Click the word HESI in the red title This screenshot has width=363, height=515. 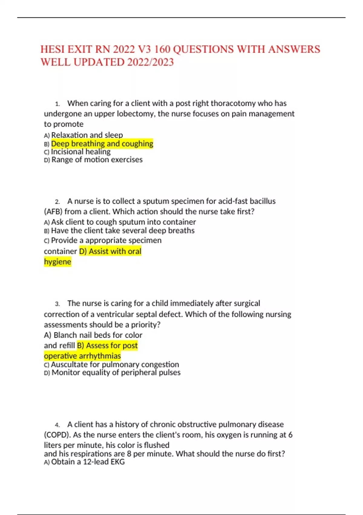point(53,49)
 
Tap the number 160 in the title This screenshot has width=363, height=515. point(161,49)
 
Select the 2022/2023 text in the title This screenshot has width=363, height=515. point(150,62)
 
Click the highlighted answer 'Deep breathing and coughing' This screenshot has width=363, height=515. point(102,144)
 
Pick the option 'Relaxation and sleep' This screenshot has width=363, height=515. point(87,135)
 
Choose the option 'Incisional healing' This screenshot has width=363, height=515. point(80,152)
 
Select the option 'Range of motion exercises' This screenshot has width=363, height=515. point(97,160)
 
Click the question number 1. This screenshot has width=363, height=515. point(57,104)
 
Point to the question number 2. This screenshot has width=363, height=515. point(57,202)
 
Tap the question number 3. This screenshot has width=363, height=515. point(57,304)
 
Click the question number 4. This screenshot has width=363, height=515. point(57,425)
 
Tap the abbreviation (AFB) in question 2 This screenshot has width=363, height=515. point(53,211)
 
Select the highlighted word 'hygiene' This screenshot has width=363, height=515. point(57,262)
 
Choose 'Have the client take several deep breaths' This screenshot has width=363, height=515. point(123,231)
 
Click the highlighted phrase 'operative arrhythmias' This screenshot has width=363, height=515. point(82,356)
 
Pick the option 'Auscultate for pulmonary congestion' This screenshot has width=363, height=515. point(115,364)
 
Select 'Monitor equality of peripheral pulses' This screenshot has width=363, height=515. point(116,372)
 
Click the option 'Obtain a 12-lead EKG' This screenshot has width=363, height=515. point(88,462)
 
